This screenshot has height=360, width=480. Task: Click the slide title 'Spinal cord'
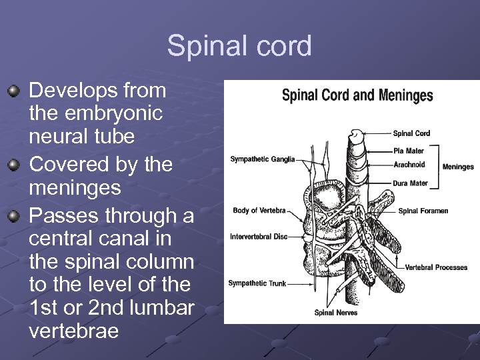tap(239, 47)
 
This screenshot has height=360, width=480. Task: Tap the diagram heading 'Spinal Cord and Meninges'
tap(357, 95)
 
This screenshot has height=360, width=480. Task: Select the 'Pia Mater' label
tap(408, 151)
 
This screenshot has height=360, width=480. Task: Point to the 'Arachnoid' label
tap(409, 165)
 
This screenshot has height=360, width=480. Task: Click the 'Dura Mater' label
tap(410, 183)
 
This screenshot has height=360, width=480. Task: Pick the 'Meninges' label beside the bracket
tap(458, 167)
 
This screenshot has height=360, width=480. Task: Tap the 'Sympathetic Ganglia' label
tap(262, 159)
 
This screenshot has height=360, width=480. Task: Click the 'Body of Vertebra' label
tap(259, 211)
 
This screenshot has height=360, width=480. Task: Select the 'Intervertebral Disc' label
tap(259, 237)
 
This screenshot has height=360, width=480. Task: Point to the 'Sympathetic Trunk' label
tap(257, 283)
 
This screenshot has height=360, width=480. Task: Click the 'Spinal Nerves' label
tap(336, 313)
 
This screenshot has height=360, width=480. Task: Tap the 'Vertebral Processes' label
tap(436, 267)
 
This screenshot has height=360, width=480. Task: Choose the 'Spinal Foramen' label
tap(423, 211)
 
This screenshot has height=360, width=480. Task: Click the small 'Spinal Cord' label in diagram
tap(411, 133)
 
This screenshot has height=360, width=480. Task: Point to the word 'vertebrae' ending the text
tap(73, 331)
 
